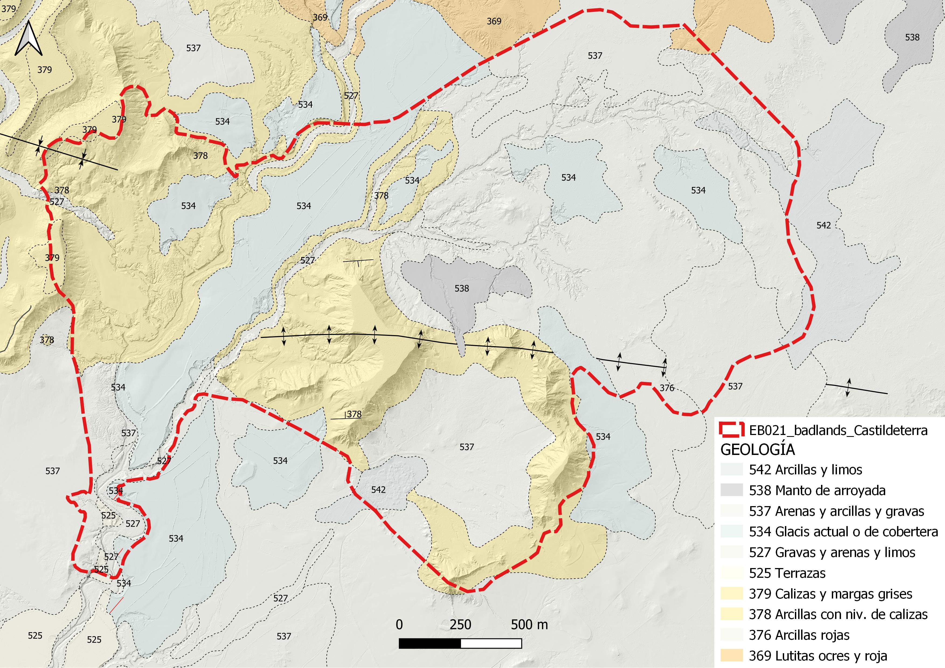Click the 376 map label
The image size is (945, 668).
[x=667, y=388]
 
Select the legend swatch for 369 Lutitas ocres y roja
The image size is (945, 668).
[x=731, y=655]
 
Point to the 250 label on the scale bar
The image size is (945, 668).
[x=460, y=625]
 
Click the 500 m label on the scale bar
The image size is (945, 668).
[x=529, y=625]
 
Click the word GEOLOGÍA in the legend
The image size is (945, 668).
[x=757, y=450]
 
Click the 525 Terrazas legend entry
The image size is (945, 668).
[x=787, y=573]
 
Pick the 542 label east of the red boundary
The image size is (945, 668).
[x=823, y=225]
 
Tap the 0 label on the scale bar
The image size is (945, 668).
[x=399, y=625]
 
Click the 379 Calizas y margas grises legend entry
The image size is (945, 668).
[x=830, y=594]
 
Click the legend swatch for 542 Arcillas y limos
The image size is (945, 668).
[x=731, y=470]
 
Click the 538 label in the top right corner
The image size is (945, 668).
[x=912, y=37]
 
